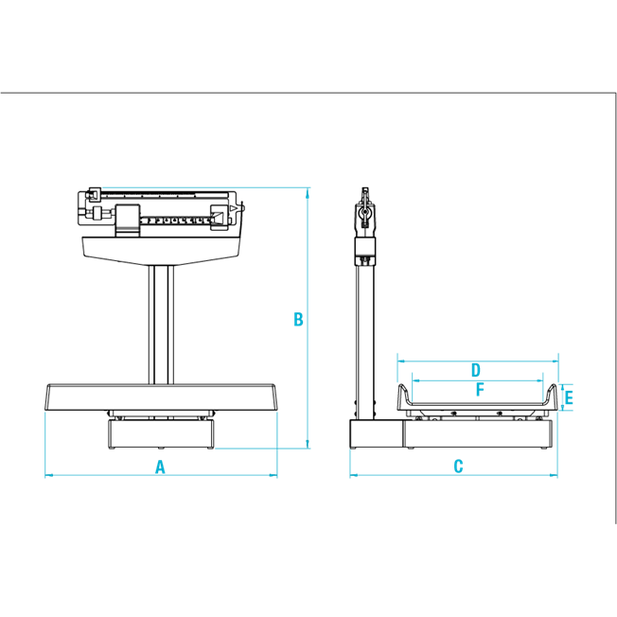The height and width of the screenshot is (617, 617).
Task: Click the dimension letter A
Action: tap(161, 466)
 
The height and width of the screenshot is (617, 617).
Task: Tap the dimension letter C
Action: tap(458, 466)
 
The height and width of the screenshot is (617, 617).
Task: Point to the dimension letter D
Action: tap(476, 369)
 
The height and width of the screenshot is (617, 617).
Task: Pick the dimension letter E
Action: tap(569, 398)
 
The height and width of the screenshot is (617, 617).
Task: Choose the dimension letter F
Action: tap(480, 389)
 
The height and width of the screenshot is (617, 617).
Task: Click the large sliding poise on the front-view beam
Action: tap(125, 220)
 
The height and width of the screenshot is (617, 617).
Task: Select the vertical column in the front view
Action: tap(159, 322)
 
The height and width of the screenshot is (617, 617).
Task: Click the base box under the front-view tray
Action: tap(160, 434)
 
